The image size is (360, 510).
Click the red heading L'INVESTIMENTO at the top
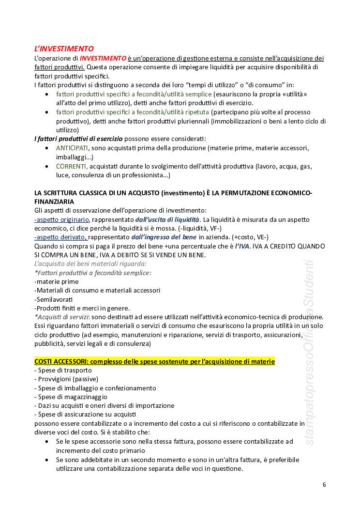[64, 49]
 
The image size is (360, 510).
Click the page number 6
[324, 485]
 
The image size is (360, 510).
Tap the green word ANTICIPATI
[72, 148]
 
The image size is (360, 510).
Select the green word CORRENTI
[72, 166]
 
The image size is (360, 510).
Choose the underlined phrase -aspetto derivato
[61, 237]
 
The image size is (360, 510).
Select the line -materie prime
[57, 281]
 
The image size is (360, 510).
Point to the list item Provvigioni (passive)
[66, 379]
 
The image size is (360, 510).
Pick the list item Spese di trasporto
[63, 370]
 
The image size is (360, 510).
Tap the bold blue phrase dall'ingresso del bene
[164, 237]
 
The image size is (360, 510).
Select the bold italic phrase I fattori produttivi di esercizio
[78, 139]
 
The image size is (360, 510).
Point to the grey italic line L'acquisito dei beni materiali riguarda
[90, 263]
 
